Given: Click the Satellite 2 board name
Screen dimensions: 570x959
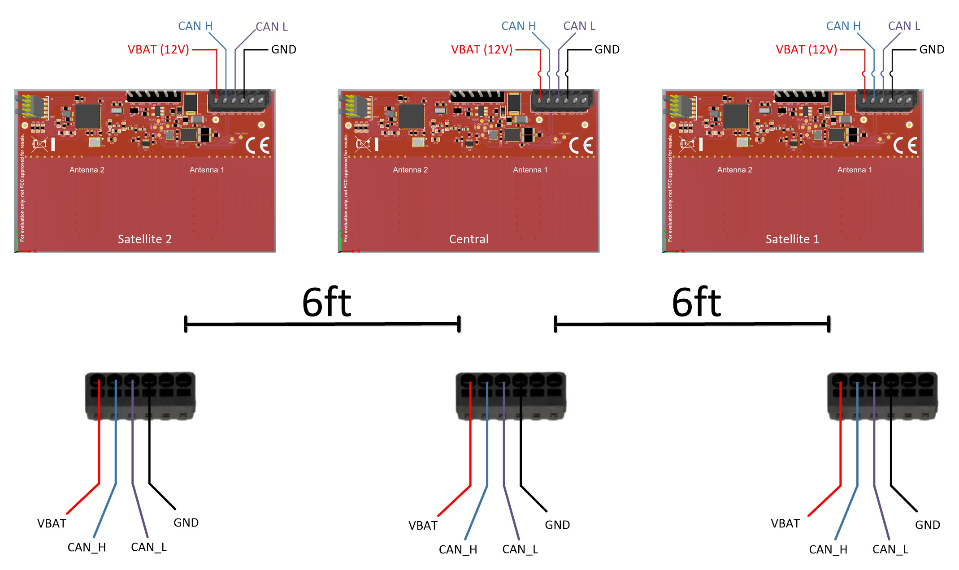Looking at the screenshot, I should (144, 239).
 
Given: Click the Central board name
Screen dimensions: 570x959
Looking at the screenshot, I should (469, 239).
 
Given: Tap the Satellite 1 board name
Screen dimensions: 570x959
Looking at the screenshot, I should (792, 239).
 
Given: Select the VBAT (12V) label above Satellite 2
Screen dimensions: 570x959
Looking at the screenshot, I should (158, 49).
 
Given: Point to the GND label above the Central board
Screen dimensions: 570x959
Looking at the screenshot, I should (607, 49).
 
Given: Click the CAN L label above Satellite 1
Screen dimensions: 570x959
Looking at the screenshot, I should (904, 26).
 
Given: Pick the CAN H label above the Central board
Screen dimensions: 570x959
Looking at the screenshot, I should (518, 26).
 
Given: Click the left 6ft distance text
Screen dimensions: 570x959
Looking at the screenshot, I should (326, 302).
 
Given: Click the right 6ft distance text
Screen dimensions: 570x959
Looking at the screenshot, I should (696, 302).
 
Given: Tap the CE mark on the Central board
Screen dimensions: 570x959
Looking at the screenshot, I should (581, 145).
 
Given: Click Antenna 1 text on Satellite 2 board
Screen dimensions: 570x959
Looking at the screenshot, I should (206, 170).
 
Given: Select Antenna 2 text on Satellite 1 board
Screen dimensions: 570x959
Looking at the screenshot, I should (734, 170).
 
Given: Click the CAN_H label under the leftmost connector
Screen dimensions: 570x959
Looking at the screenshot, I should (87, 547).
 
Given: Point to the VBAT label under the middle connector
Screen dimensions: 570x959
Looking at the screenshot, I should (423, 525).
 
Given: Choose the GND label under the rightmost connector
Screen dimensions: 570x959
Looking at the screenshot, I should (927, 525).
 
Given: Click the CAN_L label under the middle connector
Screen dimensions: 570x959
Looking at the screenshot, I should (520, 549).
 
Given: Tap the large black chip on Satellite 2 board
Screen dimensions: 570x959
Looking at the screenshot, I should (88, 116).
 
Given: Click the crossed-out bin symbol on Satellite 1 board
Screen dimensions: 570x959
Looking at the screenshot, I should (687, 144).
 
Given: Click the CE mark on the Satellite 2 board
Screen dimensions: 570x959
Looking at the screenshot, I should (257, 145).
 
